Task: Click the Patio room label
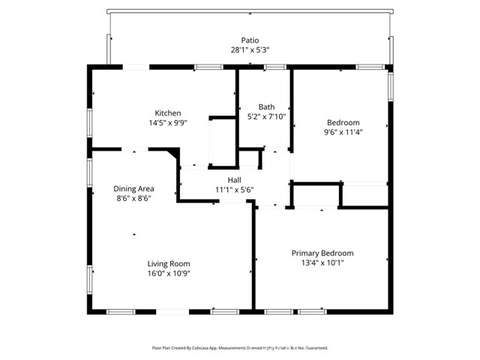(x=250, y=40)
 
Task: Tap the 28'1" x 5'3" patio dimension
(x=250, y=50)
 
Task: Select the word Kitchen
(x=167, y=113)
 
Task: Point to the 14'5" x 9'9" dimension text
(x=167, y=123)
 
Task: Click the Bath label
(x=266, y=106)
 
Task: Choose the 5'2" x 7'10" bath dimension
(x=266, y=116)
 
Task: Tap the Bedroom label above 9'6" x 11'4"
(x=343, y=122)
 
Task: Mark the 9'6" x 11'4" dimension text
(x=343, y=132)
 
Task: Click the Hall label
(x=235, y=180)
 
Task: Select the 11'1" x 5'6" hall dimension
(x=235, y=190)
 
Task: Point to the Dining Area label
(x=133, y=188)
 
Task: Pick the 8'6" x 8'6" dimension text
(x=133, y=198)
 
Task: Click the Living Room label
(x=168, y=263)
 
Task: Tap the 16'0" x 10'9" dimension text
(x=168, y=274)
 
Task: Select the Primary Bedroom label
(x=322, y=253)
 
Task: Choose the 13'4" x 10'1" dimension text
(x=322, y=263)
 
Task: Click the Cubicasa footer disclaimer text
(x=239, y=348)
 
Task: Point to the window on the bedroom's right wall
(x=389, y=83)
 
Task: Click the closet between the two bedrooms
(x=316, y=195)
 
